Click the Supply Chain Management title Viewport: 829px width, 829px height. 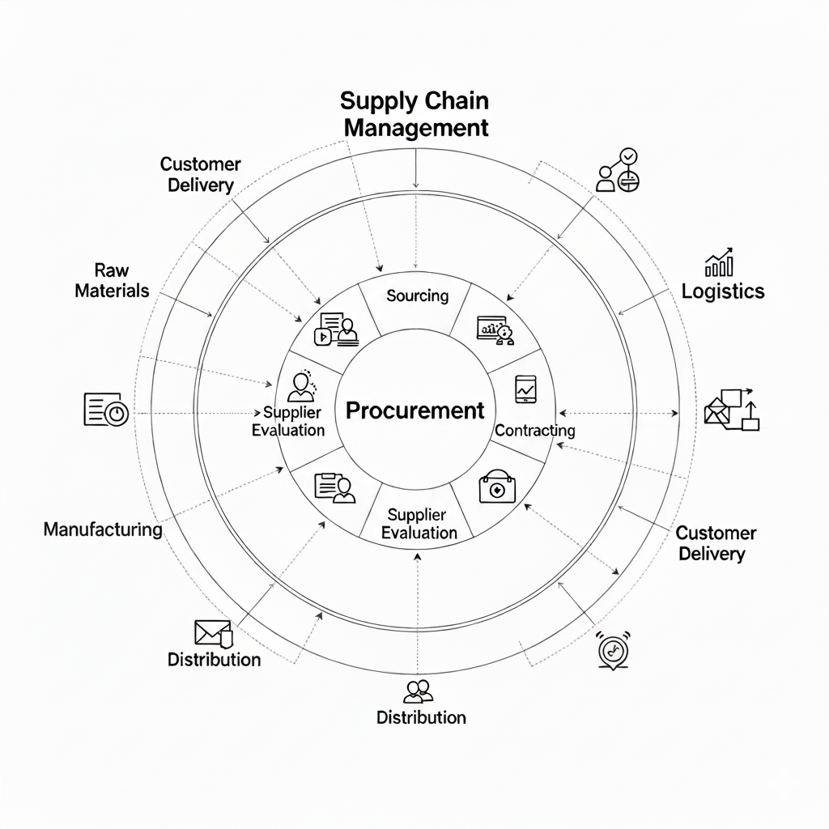pyautogui.click(x=415, y=115)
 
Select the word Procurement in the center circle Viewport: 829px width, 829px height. pyautogui.click(x=414, y=410)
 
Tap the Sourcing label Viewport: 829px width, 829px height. pyautogui.click(x=417, y=295)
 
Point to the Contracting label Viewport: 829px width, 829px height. pyautogui.click(x=534, y=430)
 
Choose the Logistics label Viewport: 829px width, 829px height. pyautogui.click(x=722, y=291)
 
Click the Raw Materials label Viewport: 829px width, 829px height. pyautogui.click(x=112, y=280)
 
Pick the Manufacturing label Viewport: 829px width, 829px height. pyautogui.click(x=103, y=529)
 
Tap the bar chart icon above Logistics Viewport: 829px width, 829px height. pyautogui.click(x=719, y=262)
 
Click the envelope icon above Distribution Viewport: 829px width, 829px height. pyautogui.click(x=213, y=632)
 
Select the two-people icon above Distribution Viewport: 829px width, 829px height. pyautogui.click(x=418, y=691)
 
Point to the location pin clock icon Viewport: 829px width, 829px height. pyautogui.click(x=611, y=649)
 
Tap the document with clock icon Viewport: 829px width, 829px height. pyautogui.click(x=106, y=410)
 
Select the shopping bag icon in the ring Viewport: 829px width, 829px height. pyautogui.click(x=497, y=487)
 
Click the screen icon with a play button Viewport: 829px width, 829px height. pyautogui.click(x=336, y=330)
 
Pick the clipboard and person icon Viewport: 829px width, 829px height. pyautogui.click(x=334, y=487)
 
